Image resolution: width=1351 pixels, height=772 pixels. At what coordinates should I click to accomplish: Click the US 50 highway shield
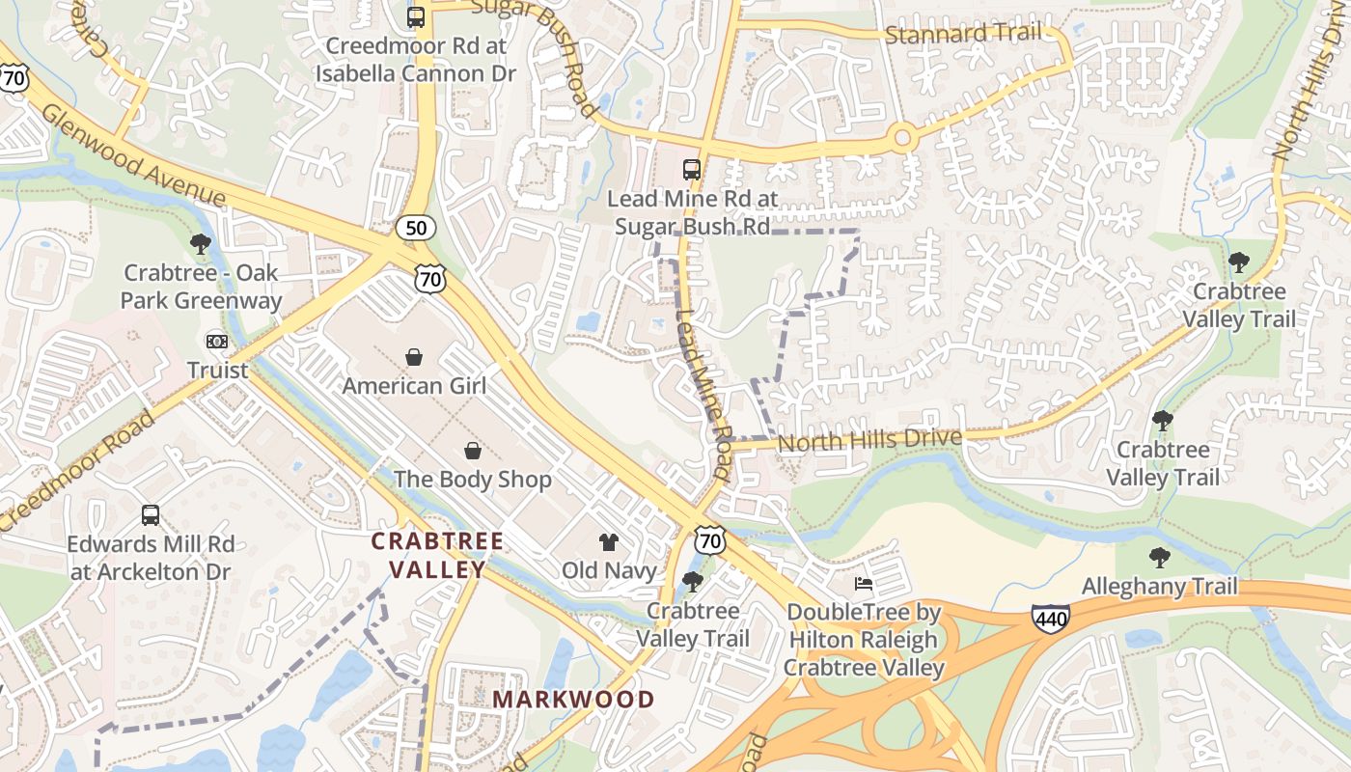point(416,228)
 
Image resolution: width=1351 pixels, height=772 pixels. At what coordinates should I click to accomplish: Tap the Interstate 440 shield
point(1050,617)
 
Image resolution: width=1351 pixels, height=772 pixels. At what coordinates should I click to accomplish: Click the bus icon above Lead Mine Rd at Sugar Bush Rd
point(692,170)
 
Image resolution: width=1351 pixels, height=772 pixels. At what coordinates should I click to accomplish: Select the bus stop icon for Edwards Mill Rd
point(151,514)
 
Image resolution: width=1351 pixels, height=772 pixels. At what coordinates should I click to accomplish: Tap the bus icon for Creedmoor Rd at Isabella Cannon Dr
point(416,16)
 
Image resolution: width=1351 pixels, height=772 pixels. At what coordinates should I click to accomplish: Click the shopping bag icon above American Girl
point(414,357)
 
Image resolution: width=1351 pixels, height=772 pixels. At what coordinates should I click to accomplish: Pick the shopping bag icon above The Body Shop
point(473,450)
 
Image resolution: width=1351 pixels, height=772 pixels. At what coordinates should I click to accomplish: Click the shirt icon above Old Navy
point(608,541)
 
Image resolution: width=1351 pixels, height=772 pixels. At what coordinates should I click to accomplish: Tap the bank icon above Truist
point(217,341)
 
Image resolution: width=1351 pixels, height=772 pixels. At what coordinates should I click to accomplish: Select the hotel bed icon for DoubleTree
point(864,583)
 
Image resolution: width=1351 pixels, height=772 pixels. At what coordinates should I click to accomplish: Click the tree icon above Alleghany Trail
point(1159,557)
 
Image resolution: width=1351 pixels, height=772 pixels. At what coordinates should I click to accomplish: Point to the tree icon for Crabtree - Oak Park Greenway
point(201,243)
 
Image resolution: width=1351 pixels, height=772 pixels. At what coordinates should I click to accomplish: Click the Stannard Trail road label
point(963,35)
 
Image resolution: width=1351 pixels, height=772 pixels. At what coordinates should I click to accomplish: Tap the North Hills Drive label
point(869,441)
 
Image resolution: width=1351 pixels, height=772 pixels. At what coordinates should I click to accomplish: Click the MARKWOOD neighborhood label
point(573,699)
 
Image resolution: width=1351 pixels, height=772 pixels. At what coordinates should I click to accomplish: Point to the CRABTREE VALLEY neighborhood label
point(438,555)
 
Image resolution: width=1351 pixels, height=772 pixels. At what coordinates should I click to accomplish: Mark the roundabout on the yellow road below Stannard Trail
point(902,138)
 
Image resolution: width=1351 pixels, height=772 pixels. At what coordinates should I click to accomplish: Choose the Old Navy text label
point(609,570)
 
